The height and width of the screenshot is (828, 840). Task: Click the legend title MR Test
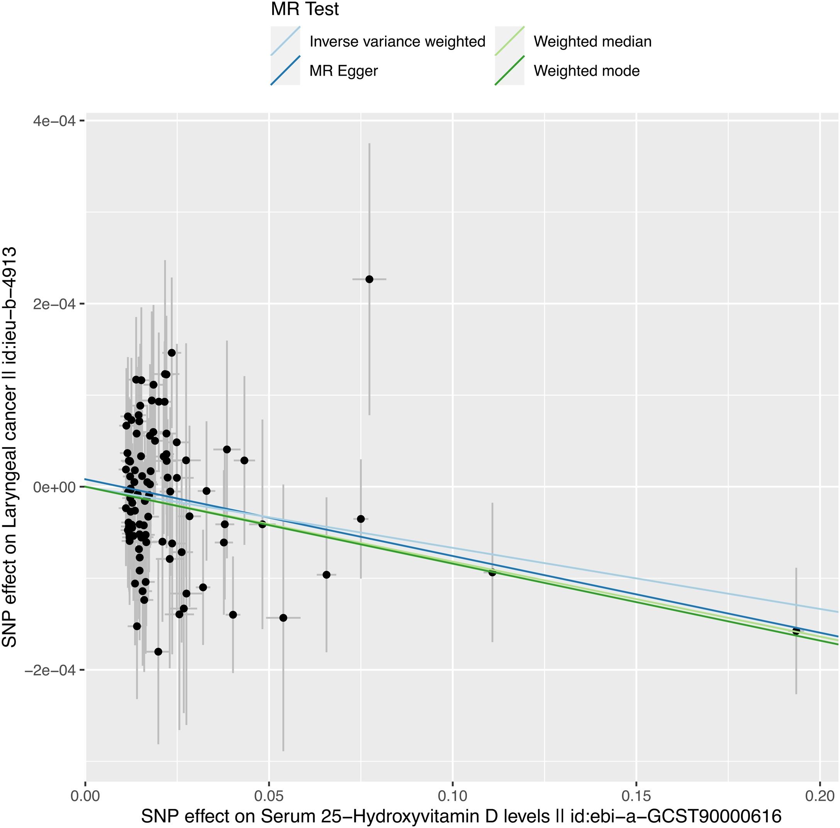305,10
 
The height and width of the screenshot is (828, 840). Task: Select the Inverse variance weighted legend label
397,42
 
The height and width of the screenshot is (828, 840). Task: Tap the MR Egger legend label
343,71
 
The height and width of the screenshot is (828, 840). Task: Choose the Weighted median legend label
592,42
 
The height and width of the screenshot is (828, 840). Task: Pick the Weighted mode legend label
587,71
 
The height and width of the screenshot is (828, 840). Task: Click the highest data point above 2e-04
369,279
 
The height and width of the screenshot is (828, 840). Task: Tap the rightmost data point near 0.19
796,631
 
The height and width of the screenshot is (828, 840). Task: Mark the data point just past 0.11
492,572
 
